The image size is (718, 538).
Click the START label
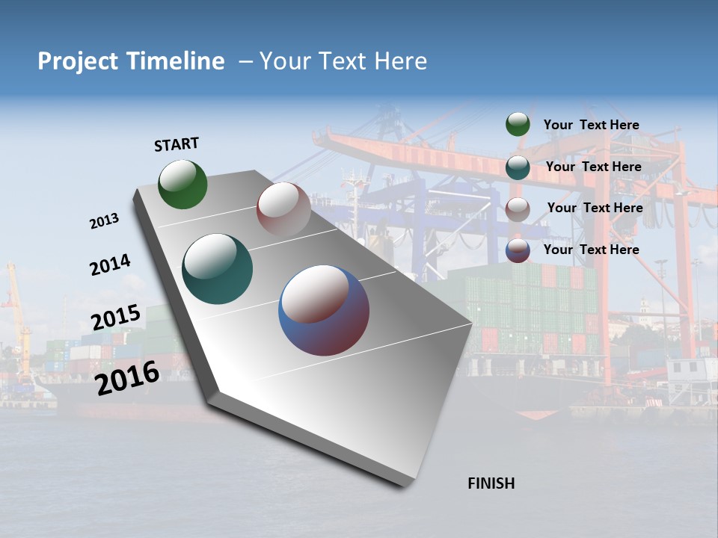pyautogui.click(x=177, y=144)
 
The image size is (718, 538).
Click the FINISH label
pyautogui.click(x=491, y=483)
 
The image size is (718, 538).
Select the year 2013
pyautogui.click(x=104, y=221)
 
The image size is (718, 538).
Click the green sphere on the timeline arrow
pyautogui.click(x=182, y=184)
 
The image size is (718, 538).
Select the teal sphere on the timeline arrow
pyautogui.click(x=217, y=269)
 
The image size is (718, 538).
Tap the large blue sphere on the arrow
pyautogui.click(x=324, y=310)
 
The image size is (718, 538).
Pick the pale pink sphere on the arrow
pyautogui.click(x=283, y=209)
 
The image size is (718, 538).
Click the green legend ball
pyautogui.click(x=518, y=125)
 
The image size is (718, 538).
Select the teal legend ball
pyautogui.click(x=518, y=167)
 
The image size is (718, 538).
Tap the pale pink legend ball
pyautogui.click(x=518, y=209)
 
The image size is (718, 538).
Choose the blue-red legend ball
pyautogui.click(x=518, y=250)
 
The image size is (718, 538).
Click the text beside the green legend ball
pyautogui.click(x=591, y=125)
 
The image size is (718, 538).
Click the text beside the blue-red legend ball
pyautogui.click(x=591, y=250)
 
